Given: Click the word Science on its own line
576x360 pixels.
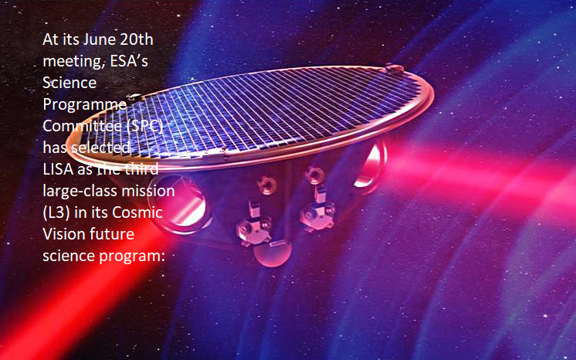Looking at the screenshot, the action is coord(69,83).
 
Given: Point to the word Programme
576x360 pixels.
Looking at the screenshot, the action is coord(84,105).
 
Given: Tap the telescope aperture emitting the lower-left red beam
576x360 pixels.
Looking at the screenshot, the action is coord(180,205).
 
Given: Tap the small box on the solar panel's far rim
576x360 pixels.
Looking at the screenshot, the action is coord(394,69).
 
